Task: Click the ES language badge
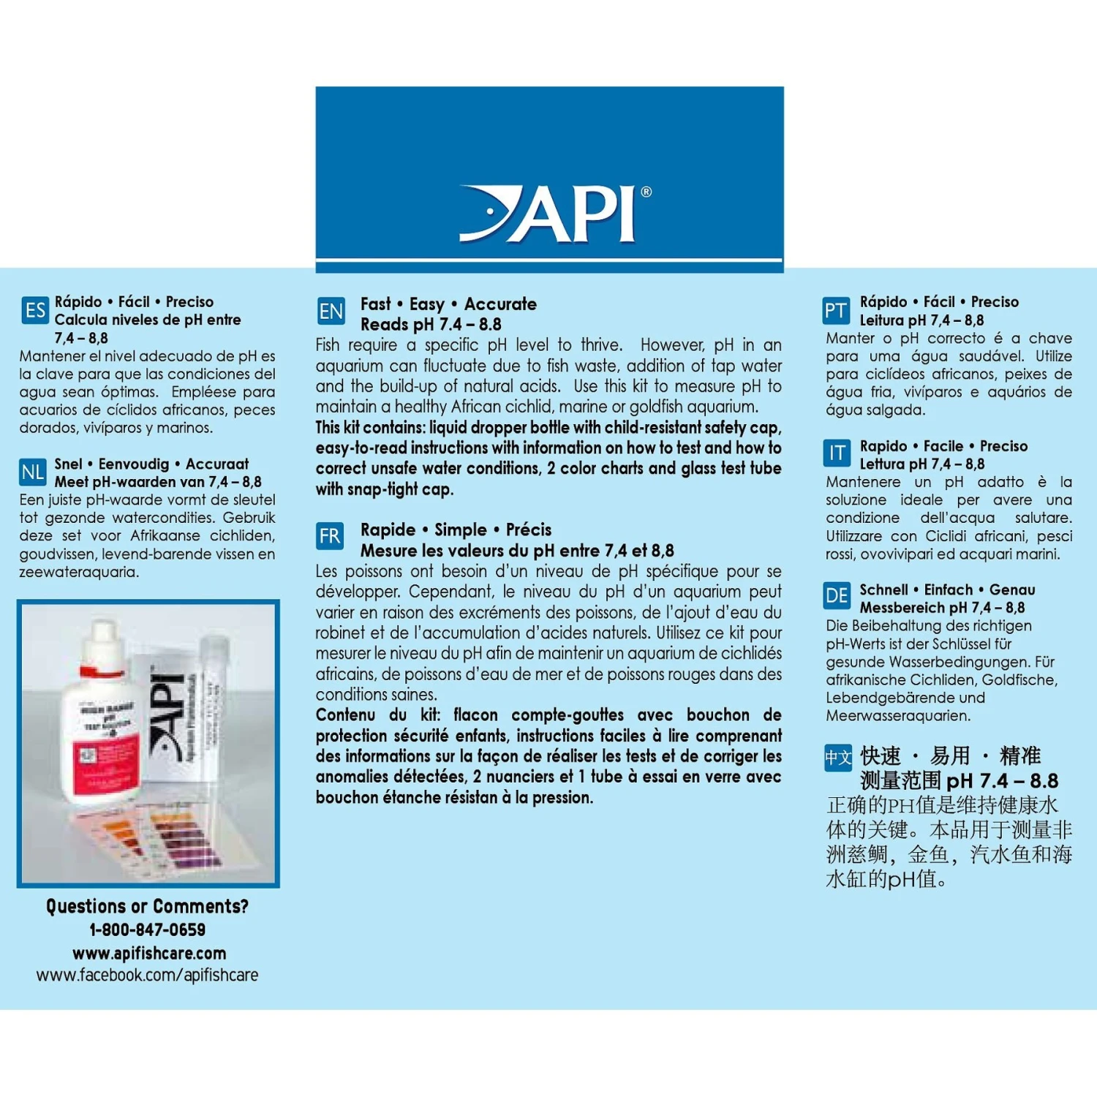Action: pyautogui.click(x=34, y=310)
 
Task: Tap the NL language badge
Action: pyautogui.click(x=33, y=472)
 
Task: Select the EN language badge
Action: pyautogui.click(x=331, y=312)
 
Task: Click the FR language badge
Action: pyautogui.click(x=329, y=536)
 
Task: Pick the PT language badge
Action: pyautogui.click(x=836, y=311)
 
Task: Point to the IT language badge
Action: pyautogui.click(x=837, y=454)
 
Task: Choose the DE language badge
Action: pyautogui.click(x=837, y=596)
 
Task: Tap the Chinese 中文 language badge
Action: pyautogui.click(x=838, y=758)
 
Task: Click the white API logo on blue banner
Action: pyautogui.click(x=548, y=214)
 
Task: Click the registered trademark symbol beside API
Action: pyautogui.click(x=646, y=192)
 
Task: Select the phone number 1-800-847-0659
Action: pyautogui.click(x=147, y=930)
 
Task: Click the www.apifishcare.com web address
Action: pyautogui.click(x=148, y=953)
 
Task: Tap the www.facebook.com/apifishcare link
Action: pyautogui.click(x=147, y=976)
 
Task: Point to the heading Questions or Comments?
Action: pyautogui.click(x=147, y=906)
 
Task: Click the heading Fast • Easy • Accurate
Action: pyautogui.click(x=448, y=304)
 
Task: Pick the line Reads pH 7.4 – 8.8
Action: pyautogui.click(x=431, y=325)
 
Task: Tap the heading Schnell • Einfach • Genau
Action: pyautogui.click(x=947, y=590)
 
